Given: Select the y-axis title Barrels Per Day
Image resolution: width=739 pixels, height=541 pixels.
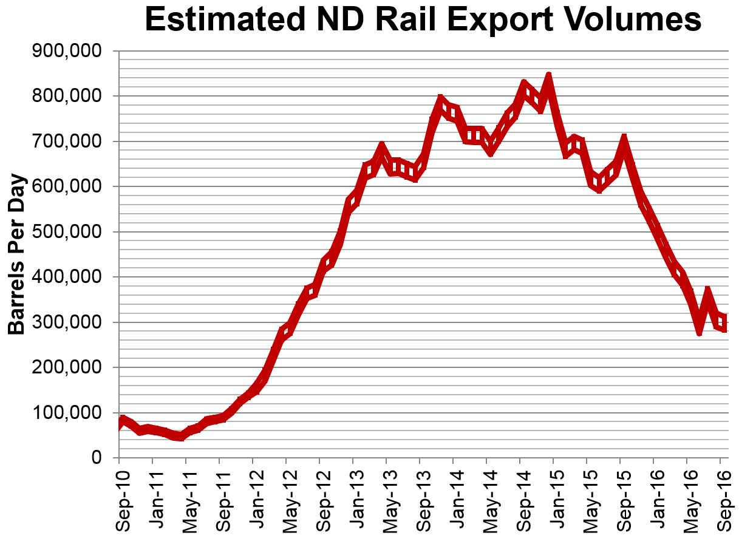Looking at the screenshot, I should click(17, 254).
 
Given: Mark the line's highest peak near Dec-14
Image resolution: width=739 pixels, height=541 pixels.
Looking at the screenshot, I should click(548, 77).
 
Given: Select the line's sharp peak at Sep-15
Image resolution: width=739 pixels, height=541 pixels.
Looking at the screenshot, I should click(623, 139).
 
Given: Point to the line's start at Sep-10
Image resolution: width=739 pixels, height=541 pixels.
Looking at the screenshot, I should click(120, 422).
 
